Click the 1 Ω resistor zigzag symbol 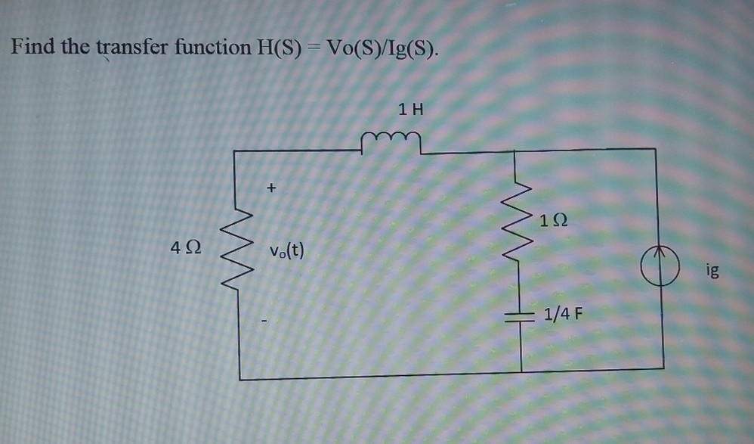[x=521, y=219]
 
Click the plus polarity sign [x=271, y=184]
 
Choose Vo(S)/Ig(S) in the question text [x=381, y=48]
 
